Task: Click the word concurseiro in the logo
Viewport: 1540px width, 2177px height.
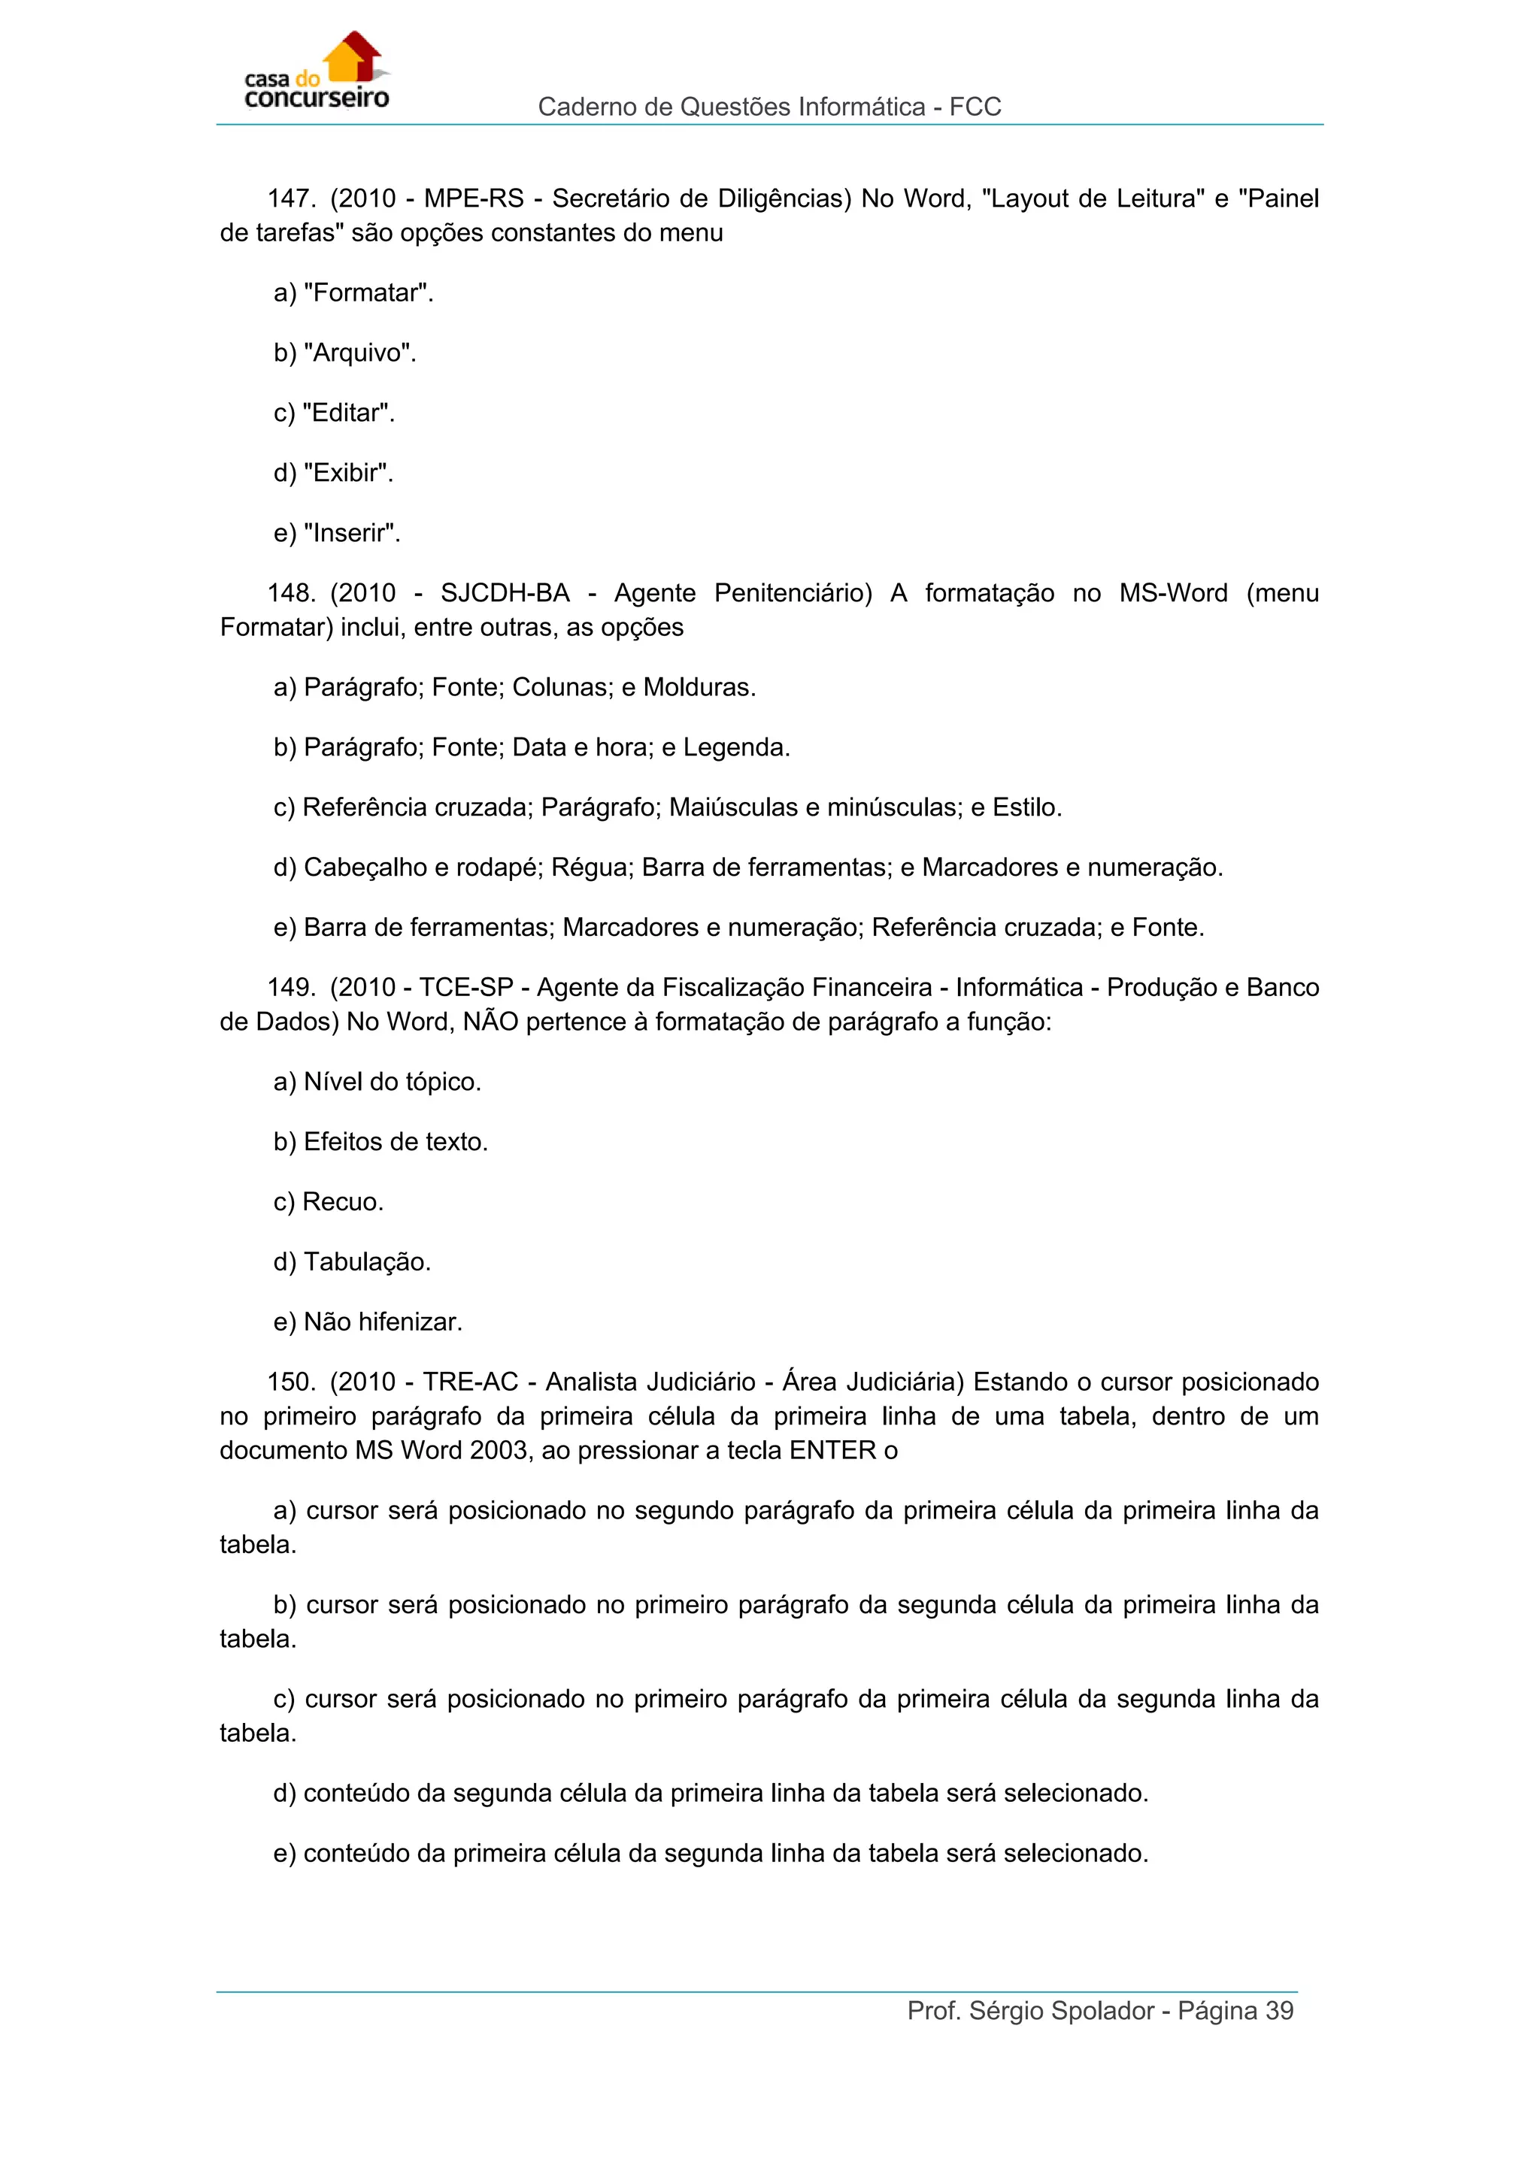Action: [x=317, y=98]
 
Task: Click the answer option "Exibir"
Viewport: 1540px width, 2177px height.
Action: [x=347, y=473]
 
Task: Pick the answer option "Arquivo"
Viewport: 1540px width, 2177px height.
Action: [x=359, y=353]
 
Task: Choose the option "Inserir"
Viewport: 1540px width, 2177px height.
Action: [x=351, y=534]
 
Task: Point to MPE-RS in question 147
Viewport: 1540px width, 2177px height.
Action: [x=473, y=199]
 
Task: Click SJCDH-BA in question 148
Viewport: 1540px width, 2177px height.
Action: [x=505, y=594]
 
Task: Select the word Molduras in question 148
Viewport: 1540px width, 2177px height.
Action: [x=699, y=687]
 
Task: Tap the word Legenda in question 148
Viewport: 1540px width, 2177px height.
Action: [x=736, y=748]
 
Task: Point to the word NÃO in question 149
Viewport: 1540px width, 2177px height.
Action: [x=490, y=1022]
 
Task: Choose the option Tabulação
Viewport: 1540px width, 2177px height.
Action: [x=366, y=1262]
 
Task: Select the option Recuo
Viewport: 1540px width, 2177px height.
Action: [x=341, y=1202]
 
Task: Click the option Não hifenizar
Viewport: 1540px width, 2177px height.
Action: [x=382, y=1323]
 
